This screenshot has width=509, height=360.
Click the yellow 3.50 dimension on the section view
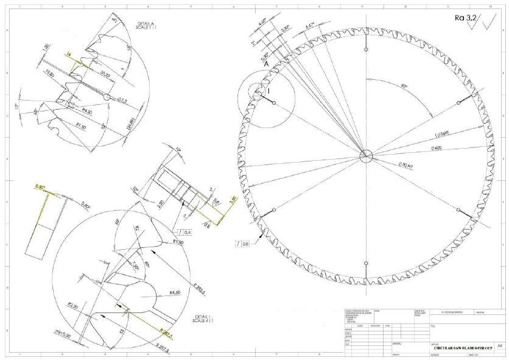click(231, 199)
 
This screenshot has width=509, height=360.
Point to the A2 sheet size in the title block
click(499, 345)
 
